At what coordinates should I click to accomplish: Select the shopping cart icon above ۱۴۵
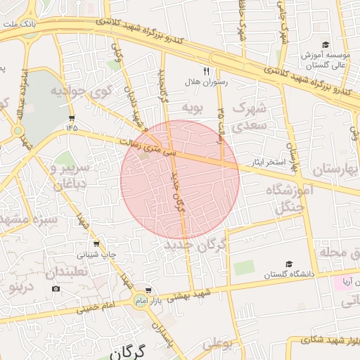72,117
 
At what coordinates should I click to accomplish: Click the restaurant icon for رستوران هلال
206,71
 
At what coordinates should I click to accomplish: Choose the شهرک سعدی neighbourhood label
250,117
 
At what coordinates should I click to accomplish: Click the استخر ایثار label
268,163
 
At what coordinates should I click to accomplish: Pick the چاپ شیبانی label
103,254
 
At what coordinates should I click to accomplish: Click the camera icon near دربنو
56,288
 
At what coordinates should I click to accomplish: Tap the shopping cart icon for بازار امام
148,290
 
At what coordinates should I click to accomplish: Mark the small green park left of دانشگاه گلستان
244,268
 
